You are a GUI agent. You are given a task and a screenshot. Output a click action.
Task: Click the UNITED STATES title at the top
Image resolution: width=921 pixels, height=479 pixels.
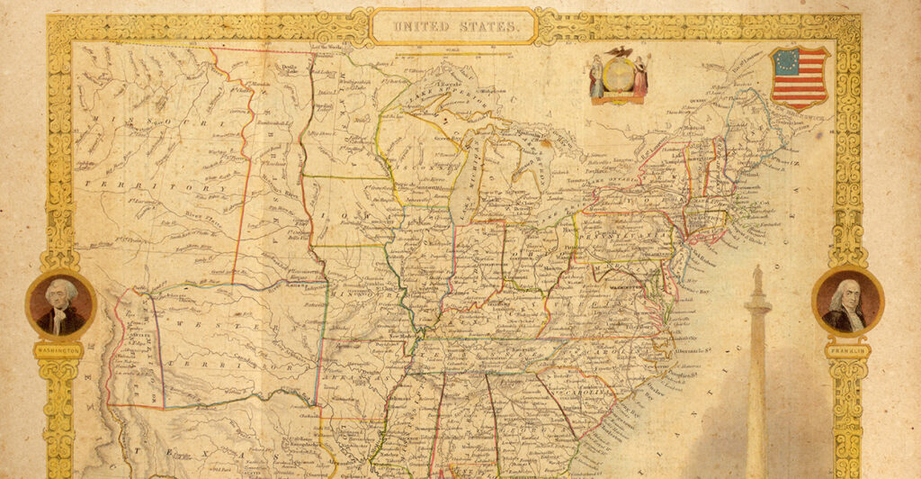coord(453,27)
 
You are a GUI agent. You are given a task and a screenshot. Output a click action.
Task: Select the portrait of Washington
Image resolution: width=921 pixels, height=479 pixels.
coord(60,304)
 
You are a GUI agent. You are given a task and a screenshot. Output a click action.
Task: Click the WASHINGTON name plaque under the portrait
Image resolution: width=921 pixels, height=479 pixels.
coord(59,349)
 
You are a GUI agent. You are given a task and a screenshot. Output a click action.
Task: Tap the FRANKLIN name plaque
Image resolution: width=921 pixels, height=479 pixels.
coord(847,348)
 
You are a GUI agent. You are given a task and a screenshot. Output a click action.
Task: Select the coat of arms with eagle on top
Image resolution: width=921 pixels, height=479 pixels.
coord(618,76)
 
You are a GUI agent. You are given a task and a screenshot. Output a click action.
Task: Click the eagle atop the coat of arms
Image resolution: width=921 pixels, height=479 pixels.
coord(618,52)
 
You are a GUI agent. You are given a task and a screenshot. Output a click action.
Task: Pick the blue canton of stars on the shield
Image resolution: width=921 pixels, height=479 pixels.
coord(785,61)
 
